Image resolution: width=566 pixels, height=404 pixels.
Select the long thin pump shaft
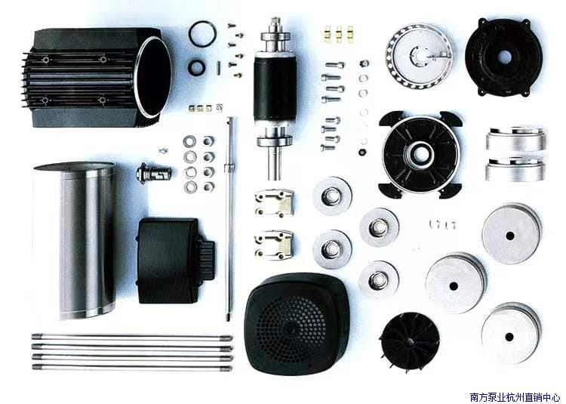229,218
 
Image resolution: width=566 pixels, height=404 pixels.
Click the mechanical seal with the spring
153,173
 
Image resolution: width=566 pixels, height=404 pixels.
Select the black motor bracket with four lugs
420,154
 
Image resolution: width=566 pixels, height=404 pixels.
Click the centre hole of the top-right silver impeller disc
509,236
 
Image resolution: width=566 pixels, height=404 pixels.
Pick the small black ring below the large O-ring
197,67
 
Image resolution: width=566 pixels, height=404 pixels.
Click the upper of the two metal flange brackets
274,203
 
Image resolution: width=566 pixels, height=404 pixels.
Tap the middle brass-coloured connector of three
339,34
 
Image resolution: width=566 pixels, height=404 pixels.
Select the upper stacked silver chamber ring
516,139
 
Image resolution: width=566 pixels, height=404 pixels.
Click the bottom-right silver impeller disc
511,333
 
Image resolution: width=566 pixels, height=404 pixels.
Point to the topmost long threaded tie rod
132,338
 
